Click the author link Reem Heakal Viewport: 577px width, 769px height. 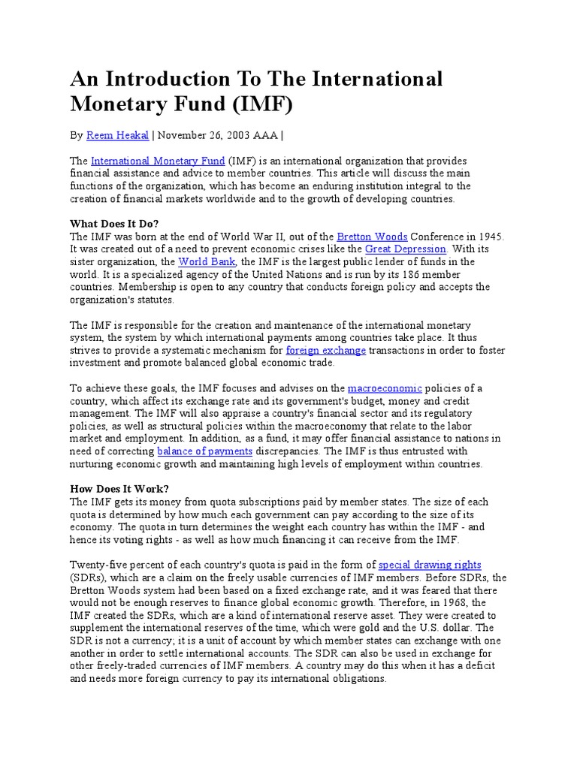click(x=118, y=135)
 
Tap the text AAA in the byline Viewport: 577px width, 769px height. click(x=267, y=135)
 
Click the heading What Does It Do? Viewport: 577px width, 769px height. click(x=114, y=224)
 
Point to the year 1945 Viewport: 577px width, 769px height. click(x=489, y=237)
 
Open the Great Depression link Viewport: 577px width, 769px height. click(x=406, y=249)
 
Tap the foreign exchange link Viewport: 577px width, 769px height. click(x=326, y=350)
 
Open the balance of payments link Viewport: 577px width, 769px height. click(x=204, y=451)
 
